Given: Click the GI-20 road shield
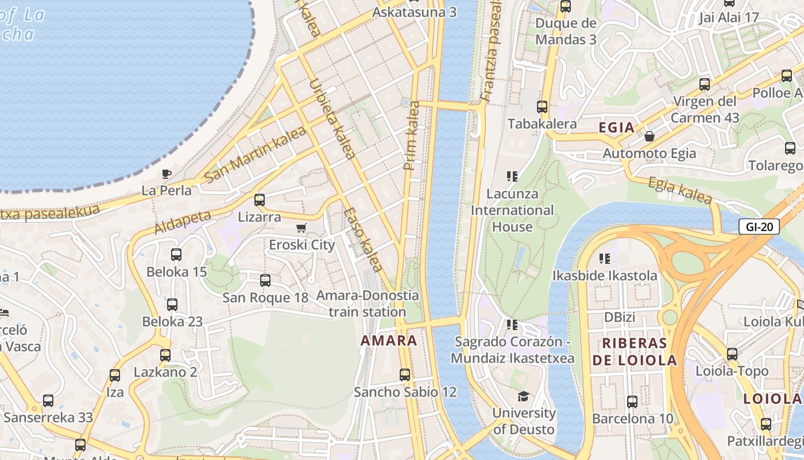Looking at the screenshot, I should pos(759,227).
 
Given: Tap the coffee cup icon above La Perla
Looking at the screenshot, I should pos(167,173).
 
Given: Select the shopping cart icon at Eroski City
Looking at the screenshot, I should pos(301,228).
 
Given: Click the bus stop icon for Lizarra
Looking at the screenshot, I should pos(260,200).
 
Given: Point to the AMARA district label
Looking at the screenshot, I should pos(389,340).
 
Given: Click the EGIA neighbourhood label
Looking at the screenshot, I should pos(616,128).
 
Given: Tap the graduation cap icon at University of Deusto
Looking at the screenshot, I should pos(523,396).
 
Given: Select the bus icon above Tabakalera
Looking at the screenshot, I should pos(542,107).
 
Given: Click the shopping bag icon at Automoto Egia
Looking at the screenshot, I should pos(650,136).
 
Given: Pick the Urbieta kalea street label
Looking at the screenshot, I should pos(332,118).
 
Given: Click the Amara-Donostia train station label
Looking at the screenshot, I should pos(368,304).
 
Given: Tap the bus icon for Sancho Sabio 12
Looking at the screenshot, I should pos(405,375).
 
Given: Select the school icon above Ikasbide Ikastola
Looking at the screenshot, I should pos(604,259).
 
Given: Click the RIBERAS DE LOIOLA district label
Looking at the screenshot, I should pos(634,352).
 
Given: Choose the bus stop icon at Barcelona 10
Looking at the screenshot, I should pos(632,402).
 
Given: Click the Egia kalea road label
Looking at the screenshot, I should pos(680,191).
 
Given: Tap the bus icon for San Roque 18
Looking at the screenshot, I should pos(265,281).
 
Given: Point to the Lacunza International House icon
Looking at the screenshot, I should pos(512,177).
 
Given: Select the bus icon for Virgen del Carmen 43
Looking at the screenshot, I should pos(705,85).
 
